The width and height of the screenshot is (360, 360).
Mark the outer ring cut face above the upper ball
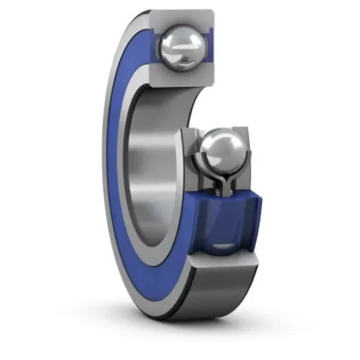(185, 17)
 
